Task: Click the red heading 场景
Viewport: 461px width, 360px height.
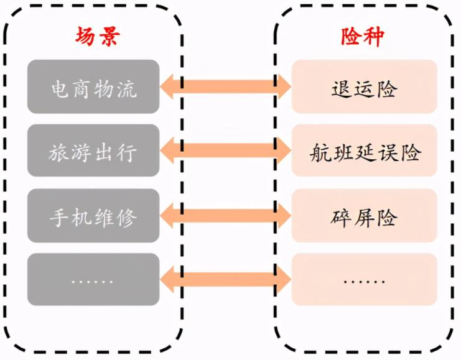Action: pyautogui.click(x=93, y=37)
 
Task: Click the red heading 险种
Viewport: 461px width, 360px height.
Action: pyautogui.click(x=363, y=37)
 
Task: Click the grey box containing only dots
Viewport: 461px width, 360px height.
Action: pyautogui.click(x=93, y=280)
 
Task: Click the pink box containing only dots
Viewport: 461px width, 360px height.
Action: pyautogui.click(x=364, y=280)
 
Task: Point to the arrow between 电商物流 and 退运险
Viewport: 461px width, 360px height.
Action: pyautogui.click(x=225, y=86)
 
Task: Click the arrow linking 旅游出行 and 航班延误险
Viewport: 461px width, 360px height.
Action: pyautogui.click(x=225, y=151)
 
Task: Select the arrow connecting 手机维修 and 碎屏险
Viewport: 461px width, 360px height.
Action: pyautogui.click(x=225, y=216)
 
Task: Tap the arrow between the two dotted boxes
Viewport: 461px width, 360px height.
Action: pyautogui.click(x=225, y=280)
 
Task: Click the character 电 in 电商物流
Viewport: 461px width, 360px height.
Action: pyautogui.click(x=60, y=88)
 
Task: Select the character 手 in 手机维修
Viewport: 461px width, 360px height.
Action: pyautogui.click(x=60, y=217)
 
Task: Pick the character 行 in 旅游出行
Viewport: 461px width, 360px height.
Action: pyautogui.click(x=126, y=152)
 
